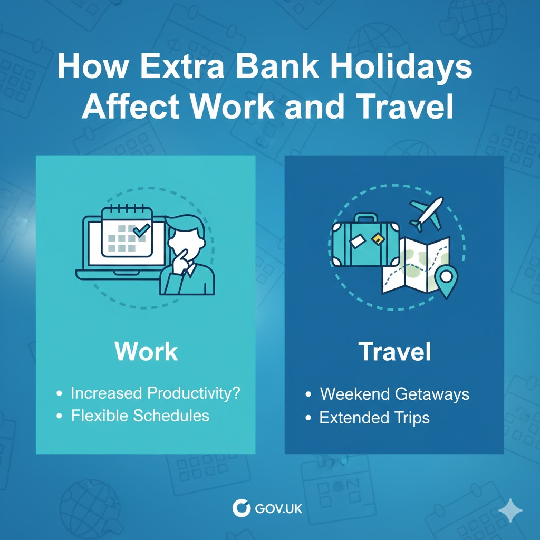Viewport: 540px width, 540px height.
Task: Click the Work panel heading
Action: (x=146, y=352)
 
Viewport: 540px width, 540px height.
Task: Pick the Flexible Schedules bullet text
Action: (x=140, y=416)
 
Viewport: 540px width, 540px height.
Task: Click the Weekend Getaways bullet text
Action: (x=394, y=394)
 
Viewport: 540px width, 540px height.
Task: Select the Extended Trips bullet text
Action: (x=374, y=418)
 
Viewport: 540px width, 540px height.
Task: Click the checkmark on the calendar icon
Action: (x=141, y=230)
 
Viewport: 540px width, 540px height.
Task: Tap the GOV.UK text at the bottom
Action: (x=278, y=509)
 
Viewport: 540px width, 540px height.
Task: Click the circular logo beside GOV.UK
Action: (x=242, y=509)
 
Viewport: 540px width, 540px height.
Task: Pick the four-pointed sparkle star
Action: (x=510, y=510)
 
